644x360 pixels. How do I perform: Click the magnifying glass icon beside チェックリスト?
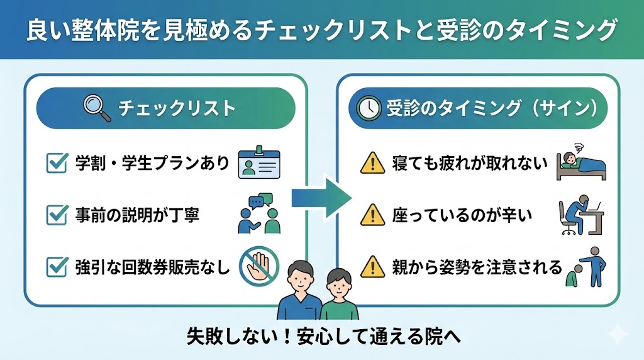(96, 107)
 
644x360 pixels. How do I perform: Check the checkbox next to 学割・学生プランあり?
(58, 164)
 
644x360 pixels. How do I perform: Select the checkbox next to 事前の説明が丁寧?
(58, 215)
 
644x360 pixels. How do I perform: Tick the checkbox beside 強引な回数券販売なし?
(58, 267)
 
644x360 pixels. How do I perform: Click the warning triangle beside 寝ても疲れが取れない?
(372, 164)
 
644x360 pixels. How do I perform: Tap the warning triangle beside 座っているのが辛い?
(372, 215)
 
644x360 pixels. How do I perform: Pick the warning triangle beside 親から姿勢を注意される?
(372, 267)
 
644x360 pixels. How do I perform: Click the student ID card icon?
(260, 164)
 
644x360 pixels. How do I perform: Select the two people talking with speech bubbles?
(259, 214)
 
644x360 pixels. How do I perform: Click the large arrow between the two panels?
(321, 200)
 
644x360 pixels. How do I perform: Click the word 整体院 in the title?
(92, 30)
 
